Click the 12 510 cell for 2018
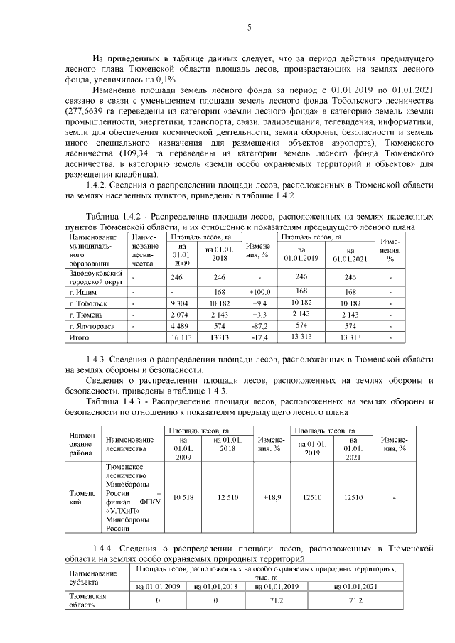227,497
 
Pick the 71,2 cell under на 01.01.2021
347,601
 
